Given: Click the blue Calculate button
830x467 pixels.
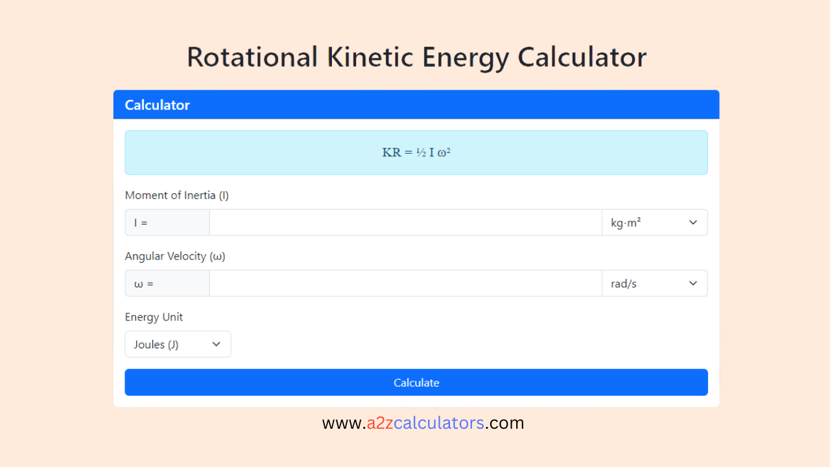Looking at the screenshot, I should point(416,383).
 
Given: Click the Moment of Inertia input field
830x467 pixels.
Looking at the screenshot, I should point(405,222).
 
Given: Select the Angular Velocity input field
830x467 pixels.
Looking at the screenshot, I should point(405,283).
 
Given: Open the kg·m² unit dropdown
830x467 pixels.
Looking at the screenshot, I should point(654,222).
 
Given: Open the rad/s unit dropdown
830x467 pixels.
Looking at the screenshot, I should point(654,283).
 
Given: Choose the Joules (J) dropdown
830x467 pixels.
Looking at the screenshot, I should point(177,344).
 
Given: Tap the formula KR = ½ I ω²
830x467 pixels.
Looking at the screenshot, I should point(416,152).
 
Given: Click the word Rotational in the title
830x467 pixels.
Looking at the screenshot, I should point(252,57).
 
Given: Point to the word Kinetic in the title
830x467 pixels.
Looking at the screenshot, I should point(370,57).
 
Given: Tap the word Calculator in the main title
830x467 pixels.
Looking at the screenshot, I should point(582,57).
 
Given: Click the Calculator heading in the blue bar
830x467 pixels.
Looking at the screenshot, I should point(157,105).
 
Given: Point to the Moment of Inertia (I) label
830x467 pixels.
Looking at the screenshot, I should point(176,195).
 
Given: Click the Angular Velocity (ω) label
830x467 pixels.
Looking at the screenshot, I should point(175,256).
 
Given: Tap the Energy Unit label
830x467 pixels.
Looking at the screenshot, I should point(154,317).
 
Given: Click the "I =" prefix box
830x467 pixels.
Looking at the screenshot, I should point(167,222).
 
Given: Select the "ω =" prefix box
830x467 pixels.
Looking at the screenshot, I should point(167,283).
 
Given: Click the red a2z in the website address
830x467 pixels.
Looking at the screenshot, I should point(379,424).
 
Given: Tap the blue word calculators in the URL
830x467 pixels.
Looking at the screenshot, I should point(439,424).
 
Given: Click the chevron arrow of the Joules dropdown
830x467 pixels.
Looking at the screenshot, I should point(217,344).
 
